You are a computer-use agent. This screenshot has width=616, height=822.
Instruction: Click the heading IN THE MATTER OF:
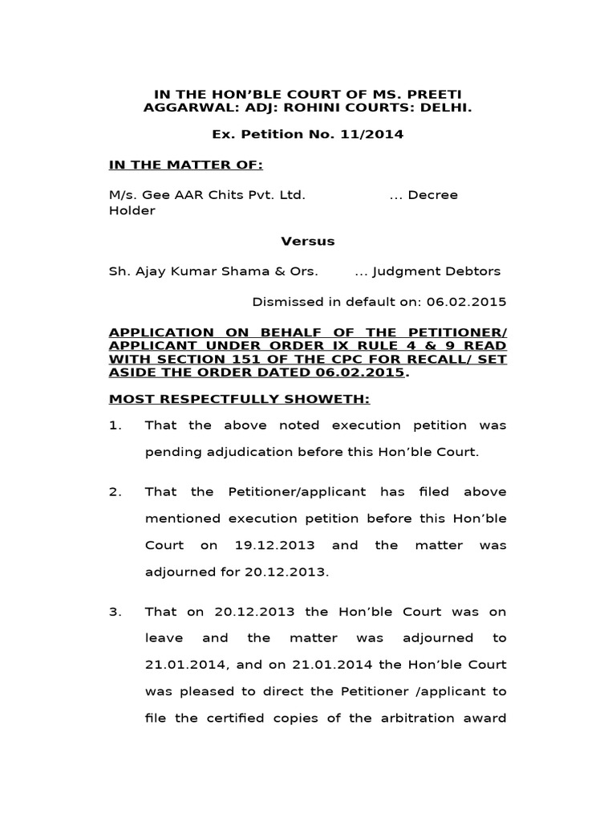coord(186,165)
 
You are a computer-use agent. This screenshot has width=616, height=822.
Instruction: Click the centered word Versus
coord(308,241)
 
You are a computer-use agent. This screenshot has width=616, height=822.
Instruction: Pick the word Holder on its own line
coord(132,210)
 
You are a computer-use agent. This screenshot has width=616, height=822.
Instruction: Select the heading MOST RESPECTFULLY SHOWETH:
coord(240,399)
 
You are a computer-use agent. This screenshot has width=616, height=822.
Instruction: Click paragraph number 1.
coord(115,425)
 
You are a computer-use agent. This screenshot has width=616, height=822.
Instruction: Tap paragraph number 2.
coord(115,491)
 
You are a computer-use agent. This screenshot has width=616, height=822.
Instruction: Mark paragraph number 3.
coord(115,612)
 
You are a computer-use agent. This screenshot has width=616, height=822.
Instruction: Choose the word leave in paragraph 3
coord(164,638)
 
